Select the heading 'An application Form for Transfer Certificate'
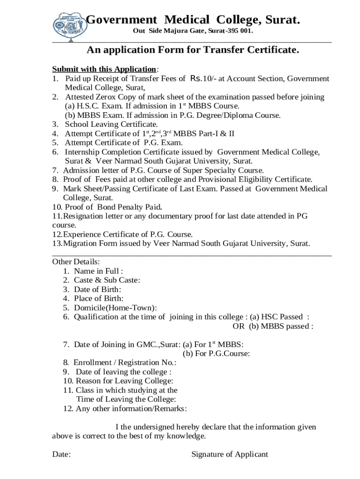click(x=193, y=50)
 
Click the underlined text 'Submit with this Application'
click(x=104, y=69)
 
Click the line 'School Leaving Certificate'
click(x=111, y=124)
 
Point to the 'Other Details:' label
click(x=75, y=261)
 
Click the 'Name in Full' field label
click(x=99, y=271)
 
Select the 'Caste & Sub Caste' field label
click(x=107, y=280)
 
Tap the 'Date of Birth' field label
click(x=98, y=289)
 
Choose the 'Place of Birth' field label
click(x=99, y=298)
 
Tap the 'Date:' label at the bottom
click(x=61, y=454)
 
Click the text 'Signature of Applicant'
click(x=230, y=454)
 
